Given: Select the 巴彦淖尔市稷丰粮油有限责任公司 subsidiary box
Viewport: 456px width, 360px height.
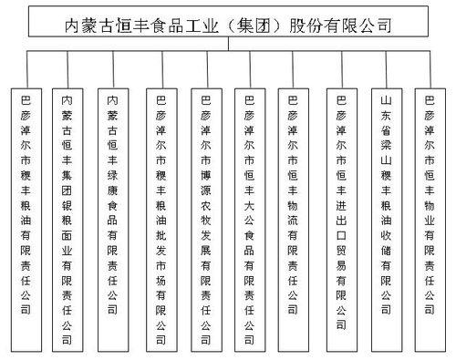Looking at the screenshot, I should (26, 219).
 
